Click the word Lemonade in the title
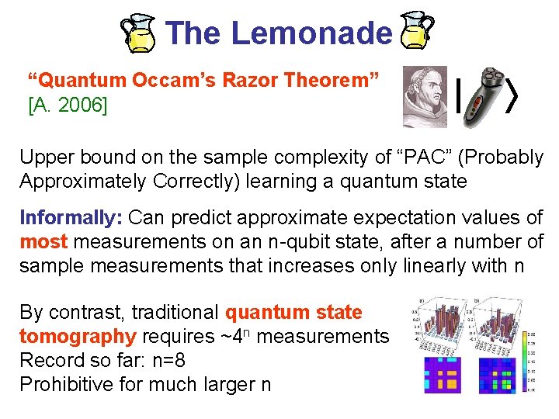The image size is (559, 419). [x=311, y=33]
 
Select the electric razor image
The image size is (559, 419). [x=488, y=95]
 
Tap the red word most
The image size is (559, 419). [x=43, y=241]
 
